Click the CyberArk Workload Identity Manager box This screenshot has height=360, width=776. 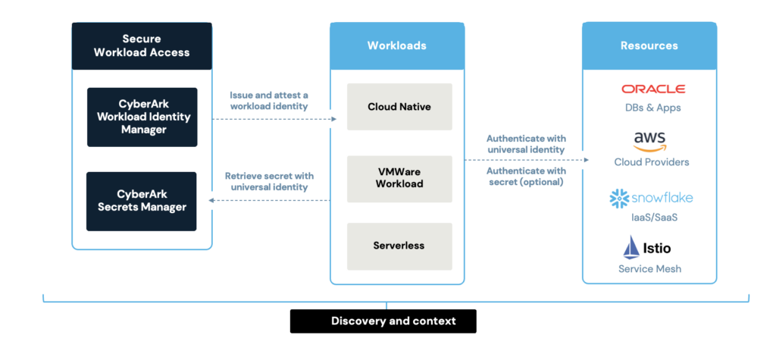[x=142, y=117]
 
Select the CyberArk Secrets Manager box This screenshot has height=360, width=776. [x=142, y=201]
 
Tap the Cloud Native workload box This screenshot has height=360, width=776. [x=399, y=107]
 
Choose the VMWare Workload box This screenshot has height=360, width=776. [x=399, y=178]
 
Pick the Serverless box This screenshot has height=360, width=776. [x=399, y=246]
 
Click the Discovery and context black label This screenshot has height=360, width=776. [x=383, y=321]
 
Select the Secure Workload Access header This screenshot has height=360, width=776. [x=142, y=45]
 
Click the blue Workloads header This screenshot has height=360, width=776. [x=397, y=45]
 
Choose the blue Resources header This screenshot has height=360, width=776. [x=649, y=45]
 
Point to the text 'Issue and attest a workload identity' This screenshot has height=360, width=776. [x=269, y=101]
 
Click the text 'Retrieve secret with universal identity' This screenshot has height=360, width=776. [x=269, y=181]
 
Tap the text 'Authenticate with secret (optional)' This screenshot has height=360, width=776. [x=525, y=176]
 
